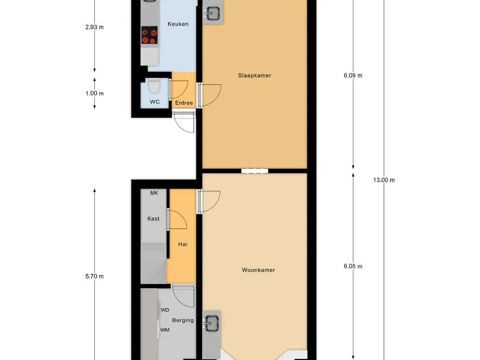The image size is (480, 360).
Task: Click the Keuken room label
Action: point(178,24)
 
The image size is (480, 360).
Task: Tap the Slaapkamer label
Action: point(255,75)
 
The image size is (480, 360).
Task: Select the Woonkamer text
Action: point(258,270)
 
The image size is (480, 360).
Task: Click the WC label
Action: point(155,102)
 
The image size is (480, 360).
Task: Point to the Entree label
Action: point(184,103)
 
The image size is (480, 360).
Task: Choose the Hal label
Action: point(182,244)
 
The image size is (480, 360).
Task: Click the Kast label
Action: point(153,219)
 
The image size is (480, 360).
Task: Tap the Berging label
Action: point(183,321)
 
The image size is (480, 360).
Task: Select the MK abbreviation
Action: point(154,193)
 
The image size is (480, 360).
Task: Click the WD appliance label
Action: point(165,310)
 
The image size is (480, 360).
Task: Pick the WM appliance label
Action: point(165,330)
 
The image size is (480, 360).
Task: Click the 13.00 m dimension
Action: point(384,180)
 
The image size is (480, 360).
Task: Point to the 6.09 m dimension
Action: point(353,75)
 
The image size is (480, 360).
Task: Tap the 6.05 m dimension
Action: point(353,266)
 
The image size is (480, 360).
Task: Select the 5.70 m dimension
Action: point(95,277)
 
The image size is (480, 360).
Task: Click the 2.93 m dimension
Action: point(95,27)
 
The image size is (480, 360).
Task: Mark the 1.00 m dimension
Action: point(95,93)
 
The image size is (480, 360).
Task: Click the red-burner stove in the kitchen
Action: point(150,37)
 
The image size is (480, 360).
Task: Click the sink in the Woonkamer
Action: point(211,322)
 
